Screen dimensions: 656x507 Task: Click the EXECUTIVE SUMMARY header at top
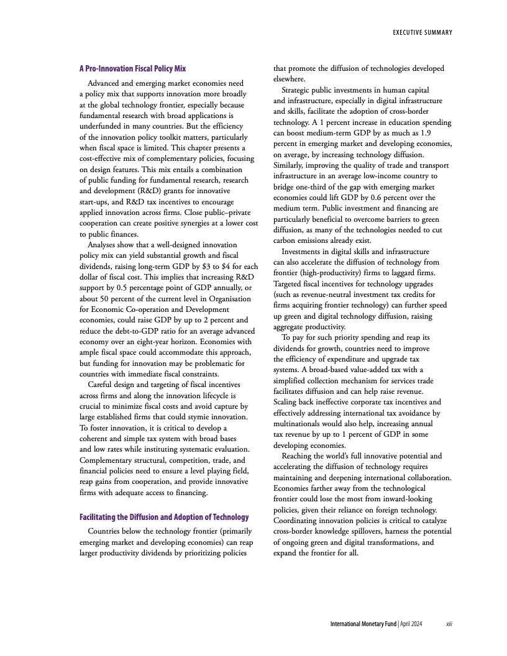(422, 32)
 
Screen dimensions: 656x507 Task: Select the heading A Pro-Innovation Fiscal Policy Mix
(132, 68)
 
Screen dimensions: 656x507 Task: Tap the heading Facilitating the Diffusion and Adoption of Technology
(164, 517)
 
